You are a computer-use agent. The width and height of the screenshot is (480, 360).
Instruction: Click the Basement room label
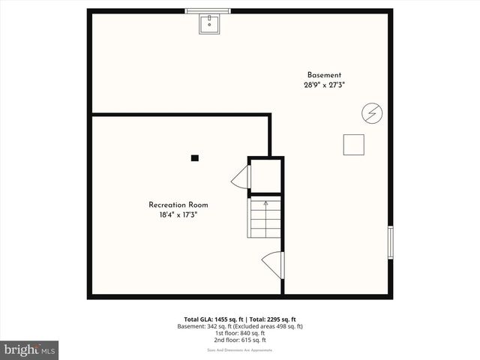click(x=324, y=75)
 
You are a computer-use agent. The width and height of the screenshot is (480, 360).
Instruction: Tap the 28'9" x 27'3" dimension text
click(x=324, y=85)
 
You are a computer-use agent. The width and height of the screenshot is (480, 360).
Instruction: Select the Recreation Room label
click(x=178, y=205)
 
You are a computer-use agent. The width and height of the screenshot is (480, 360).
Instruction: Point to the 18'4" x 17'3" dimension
click(x=178, y=214)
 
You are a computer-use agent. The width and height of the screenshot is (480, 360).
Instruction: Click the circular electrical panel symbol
click(x=371, y=113)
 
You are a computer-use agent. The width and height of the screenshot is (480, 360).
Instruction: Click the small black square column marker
click(x=195, y=157)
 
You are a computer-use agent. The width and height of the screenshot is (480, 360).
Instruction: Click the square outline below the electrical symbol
click(x=353, y=145)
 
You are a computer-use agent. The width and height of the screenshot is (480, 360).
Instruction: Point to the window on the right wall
click(x=390, y=242)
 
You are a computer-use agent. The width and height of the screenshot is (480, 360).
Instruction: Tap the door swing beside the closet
click(x=241, y=178)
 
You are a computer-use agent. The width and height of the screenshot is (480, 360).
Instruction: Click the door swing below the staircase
click(x=271, y=263)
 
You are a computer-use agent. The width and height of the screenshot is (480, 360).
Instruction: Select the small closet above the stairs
click(x=265, y=176)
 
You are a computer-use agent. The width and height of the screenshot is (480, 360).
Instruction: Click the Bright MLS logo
click(x=29, y=349)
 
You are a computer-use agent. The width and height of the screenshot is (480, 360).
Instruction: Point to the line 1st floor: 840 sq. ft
click(x=240, y=333)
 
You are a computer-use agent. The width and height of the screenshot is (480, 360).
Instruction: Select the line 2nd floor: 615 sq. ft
click(x=240, y=340)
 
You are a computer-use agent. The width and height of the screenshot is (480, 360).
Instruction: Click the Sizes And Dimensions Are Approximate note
click(x=240, y=350)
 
